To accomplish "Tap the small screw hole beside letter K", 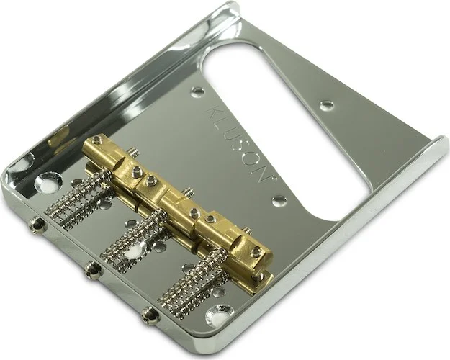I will [x=197, y=92].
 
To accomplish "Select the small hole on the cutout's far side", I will [x=327, y=105].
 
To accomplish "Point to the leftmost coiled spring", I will [x=79, y=201].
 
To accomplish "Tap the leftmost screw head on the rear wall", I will [x=37, y=225].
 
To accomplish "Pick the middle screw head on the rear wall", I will [x=91, y=269].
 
